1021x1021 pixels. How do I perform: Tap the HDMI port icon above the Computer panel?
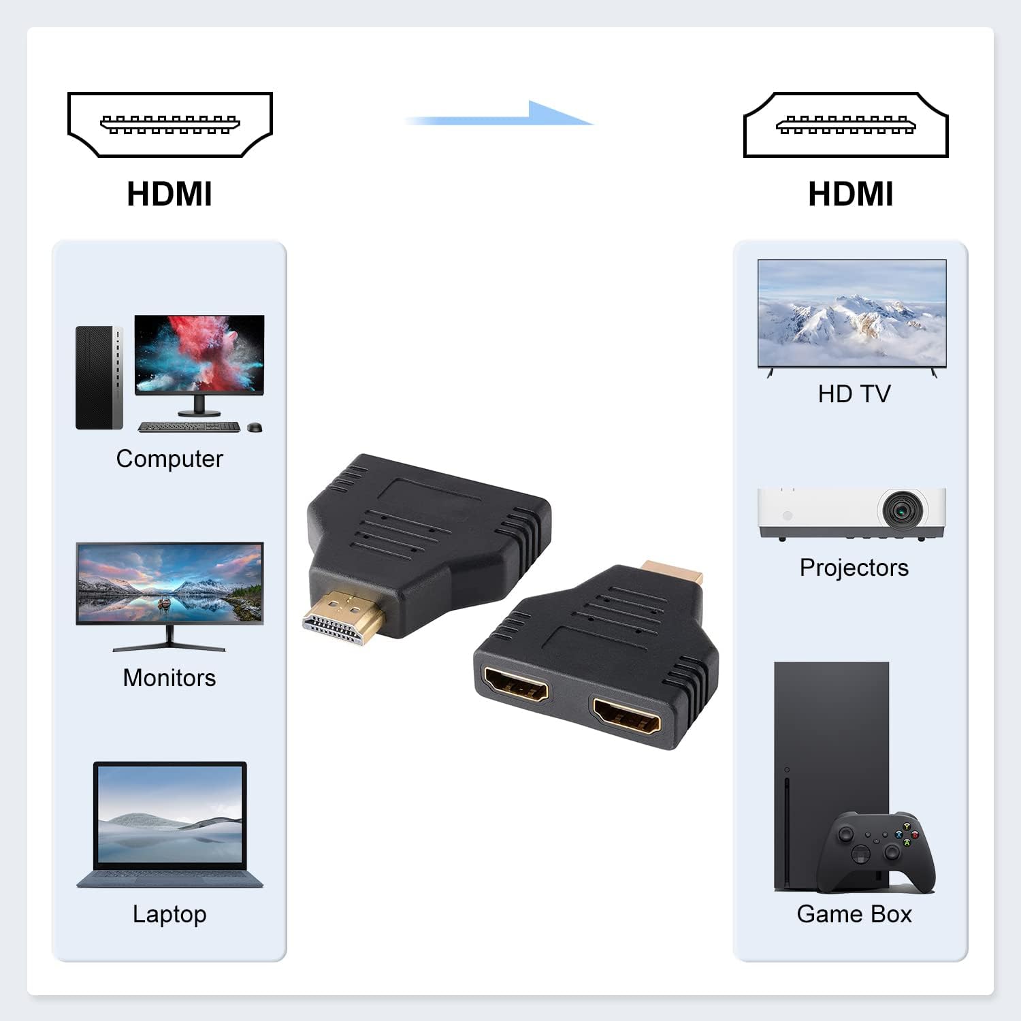tap(170, 125)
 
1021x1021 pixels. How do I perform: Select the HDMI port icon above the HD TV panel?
tap(846, 125)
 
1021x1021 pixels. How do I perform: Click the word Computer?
tap(169, 459)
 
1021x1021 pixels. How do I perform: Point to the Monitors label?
tap(169, 678)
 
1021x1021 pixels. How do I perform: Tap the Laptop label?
tap(169, 914)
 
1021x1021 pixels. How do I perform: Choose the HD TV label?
tap(854, 394)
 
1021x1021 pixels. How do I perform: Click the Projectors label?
tap(854, 568)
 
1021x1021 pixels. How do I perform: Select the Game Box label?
tap(854, 914)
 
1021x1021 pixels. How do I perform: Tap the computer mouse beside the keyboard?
tap(255, 427)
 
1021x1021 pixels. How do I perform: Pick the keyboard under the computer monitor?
tap(189, 427)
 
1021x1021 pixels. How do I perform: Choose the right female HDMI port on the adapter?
tap(626, 715)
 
